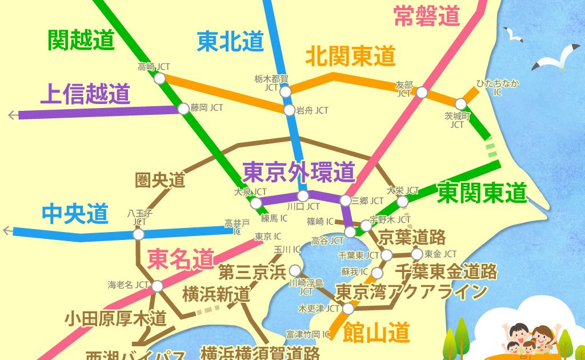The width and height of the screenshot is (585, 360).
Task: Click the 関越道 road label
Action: point(82,41)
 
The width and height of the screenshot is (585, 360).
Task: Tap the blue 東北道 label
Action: point(230,41)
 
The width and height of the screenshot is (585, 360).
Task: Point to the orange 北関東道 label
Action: point(350,56)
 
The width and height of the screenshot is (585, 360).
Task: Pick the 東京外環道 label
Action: point(299,170)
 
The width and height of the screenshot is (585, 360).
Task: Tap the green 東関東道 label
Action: point(482,193)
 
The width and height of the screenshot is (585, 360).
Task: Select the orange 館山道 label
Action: point(376,331)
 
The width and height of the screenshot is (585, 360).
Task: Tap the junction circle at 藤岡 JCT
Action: point(183,108)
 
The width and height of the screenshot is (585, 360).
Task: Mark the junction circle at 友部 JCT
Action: point(422,92)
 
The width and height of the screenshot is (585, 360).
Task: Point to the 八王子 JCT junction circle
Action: point(138,234)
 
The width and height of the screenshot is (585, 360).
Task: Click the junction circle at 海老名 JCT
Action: point(157,286)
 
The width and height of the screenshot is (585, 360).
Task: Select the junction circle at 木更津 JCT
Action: point(348,309)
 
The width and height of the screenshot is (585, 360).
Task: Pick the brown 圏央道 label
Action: point(160,181)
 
